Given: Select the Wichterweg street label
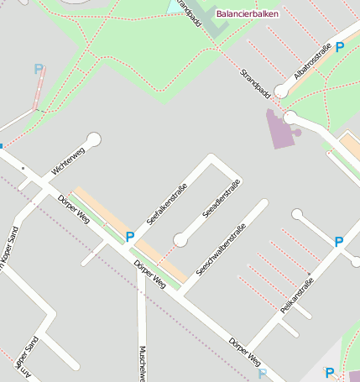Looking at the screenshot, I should tap(68, 160).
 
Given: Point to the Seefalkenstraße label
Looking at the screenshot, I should tap(166, 204).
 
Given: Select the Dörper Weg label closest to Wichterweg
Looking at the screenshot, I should tap(74, 208).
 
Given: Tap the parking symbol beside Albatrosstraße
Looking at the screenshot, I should tap(339, 48).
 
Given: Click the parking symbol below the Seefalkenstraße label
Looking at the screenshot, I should tap(130, 237).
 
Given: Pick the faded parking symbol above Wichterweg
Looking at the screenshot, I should tap(38, 70).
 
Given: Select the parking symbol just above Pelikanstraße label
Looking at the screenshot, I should tap(339, 242).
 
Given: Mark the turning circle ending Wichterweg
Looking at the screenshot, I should tap(94, 139).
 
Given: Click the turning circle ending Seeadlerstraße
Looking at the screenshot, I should tap(180, 241).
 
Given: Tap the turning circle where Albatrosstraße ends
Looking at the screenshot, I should tap(290, 118).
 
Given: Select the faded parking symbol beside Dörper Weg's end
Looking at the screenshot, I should tap(263, 374).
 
